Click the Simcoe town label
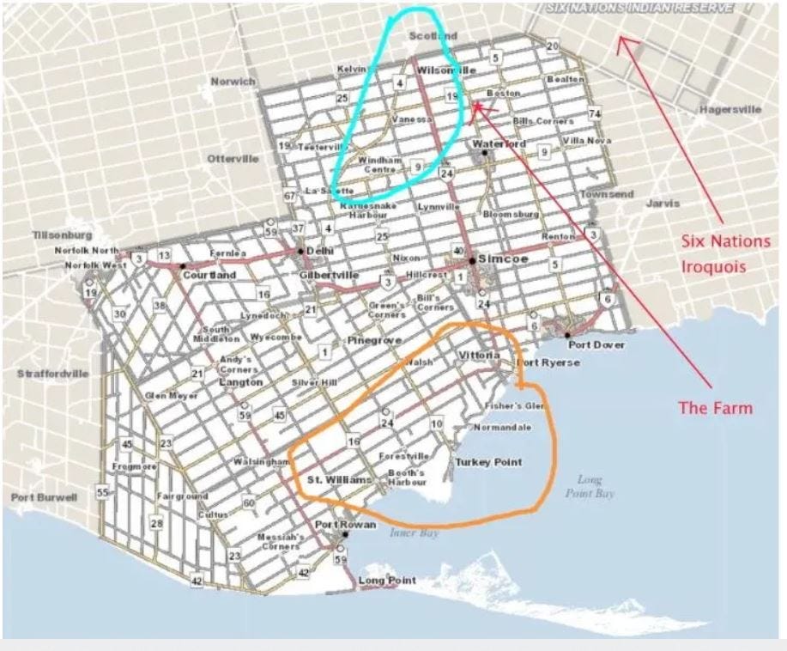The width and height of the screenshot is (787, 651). (x=500, y=259)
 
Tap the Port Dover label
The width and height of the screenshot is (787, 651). (x=595, y=345)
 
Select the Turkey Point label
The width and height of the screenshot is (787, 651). (x=488, y=462)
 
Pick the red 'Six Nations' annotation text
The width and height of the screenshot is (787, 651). (x=725, y=241)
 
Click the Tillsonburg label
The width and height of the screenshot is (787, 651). (x=61, y=234)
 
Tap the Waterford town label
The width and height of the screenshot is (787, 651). (x=499, y=144)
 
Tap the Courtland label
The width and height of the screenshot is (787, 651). (x=209, y=275)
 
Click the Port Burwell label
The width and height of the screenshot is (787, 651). (x=44, y=497)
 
